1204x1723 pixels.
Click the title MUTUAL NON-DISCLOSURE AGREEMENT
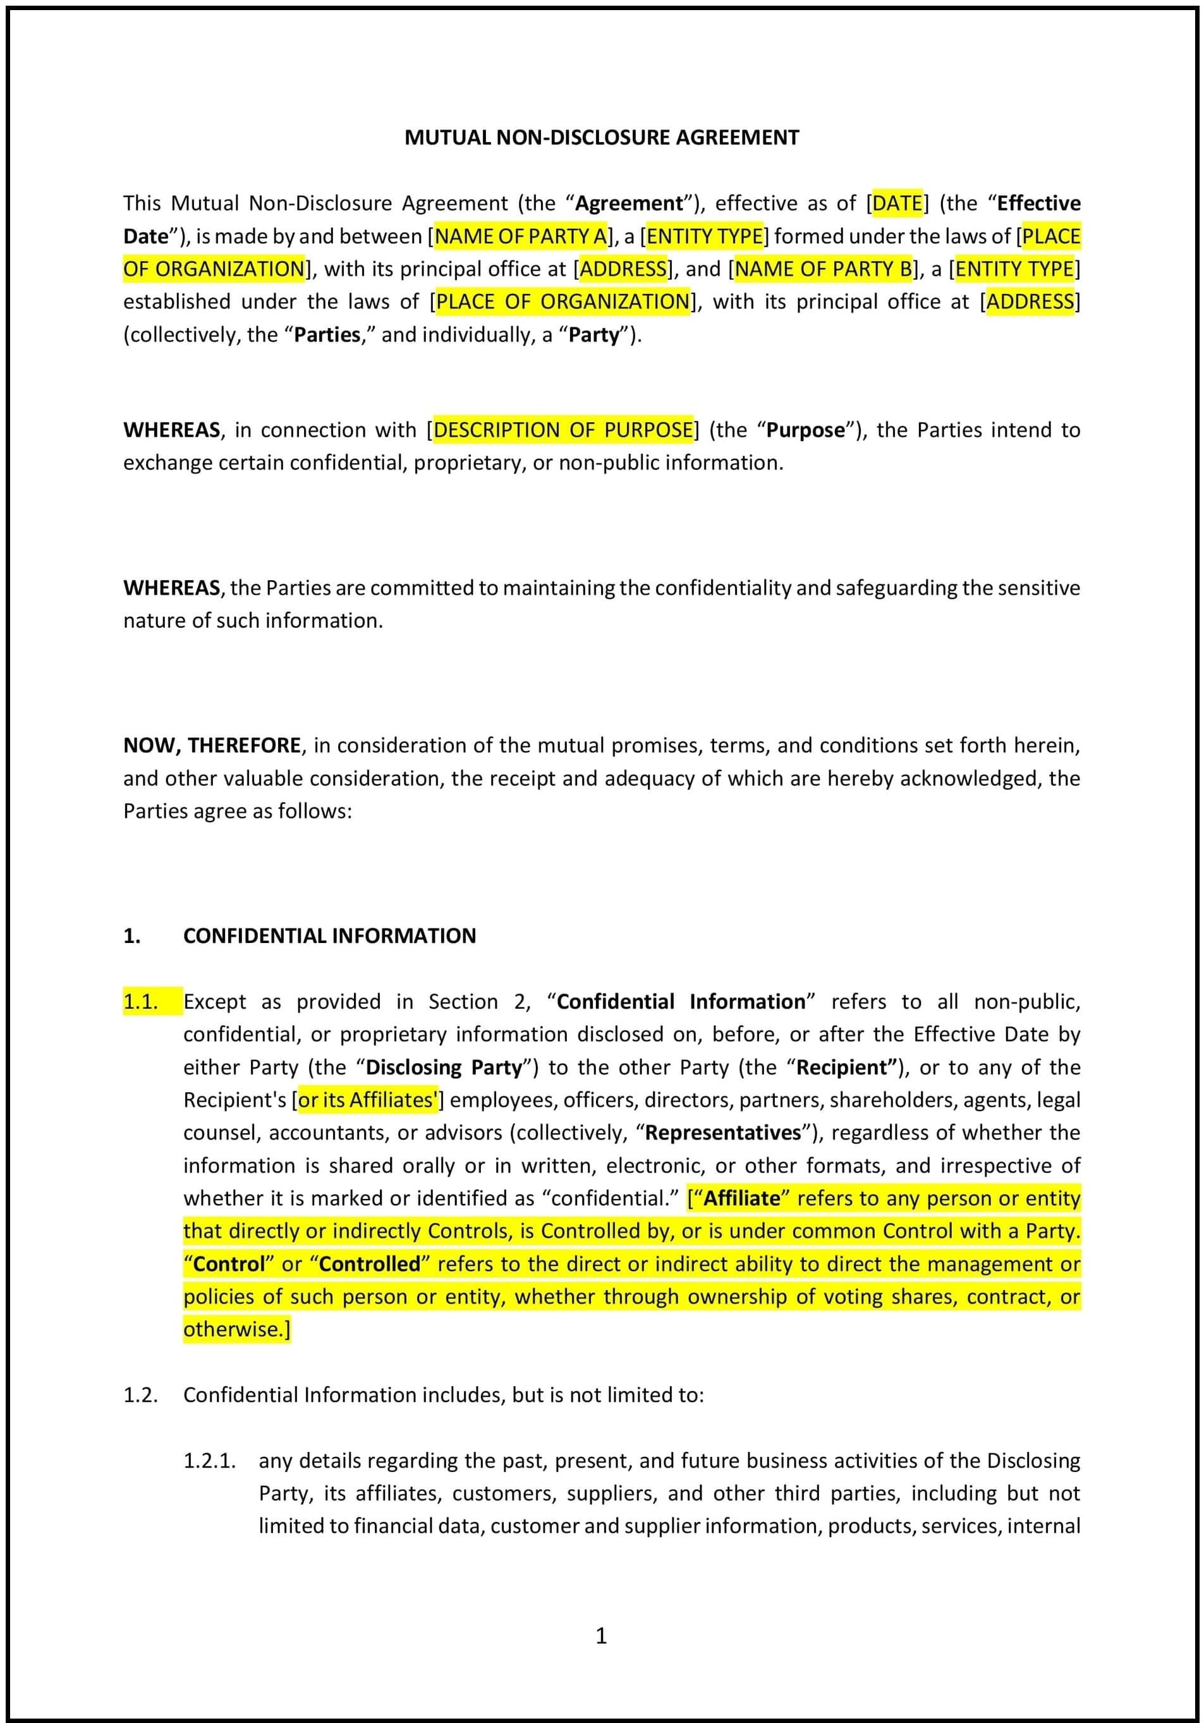602,137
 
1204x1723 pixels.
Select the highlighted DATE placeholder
897,204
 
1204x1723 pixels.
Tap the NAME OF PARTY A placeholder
520,236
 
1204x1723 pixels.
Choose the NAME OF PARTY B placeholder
824,269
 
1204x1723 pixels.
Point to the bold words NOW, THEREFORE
212,745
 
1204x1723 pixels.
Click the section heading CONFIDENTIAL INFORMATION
329,936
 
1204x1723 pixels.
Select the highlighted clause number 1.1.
141,1002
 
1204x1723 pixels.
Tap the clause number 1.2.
140,1395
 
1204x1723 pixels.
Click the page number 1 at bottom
601,1635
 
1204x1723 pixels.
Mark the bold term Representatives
722,1133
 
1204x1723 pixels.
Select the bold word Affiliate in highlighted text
741,1198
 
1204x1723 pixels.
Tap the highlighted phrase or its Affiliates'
368,1100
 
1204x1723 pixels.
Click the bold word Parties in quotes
327,335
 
